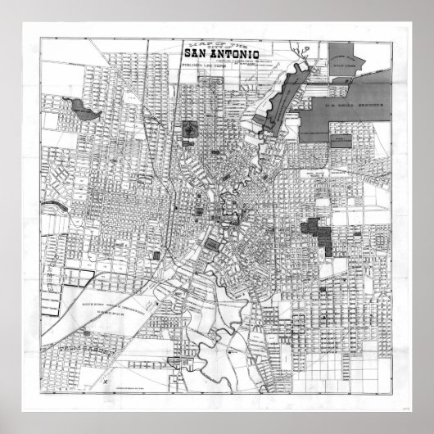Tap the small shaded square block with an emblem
click(190, 129)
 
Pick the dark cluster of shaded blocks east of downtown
click(319, 233)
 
